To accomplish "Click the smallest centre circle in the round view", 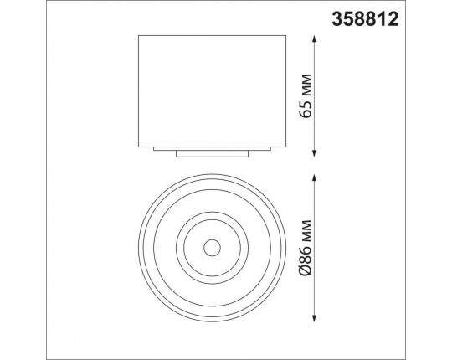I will (211, 247).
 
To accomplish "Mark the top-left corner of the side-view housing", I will (137, 36).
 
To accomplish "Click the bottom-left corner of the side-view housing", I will (137, 144).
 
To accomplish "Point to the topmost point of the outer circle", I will (211, 173).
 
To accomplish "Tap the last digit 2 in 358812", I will (440, 18).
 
